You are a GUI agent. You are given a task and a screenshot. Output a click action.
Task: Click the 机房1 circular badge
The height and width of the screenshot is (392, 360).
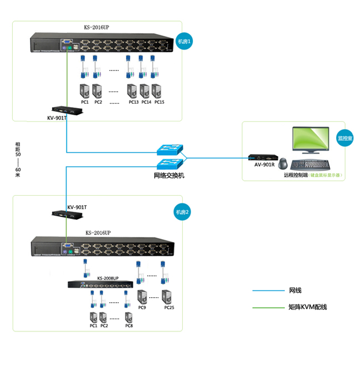(184, 42)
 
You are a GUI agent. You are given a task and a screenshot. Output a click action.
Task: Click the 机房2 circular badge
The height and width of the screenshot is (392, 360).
(183, 212)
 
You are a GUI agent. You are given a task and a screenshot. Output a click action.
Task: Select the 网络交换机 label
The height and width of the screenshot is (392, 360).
(169, 176)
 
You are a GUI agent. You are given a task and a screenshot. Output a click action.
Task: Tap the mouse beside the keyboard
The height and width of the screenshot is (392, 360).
(284, 164)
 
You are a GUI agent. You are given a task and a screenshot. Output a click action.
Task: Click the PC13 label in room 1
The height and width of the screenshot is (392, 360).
(133, 102)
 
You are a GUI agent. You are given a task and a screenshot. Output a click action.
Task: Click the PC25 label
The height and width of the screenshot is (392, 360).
(169, 308)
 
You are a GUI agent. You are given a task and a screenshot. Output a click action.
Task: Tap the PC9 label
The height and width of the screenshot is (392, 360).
(142, 308)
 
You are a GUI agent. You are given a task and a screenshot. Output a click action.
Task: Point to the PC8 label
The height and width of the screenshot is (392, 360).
(129, 326)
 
